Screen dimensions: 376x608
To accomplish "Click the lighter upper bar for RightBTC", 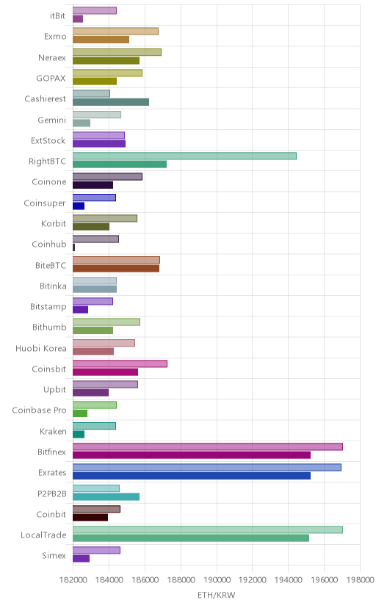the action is coord(184,156).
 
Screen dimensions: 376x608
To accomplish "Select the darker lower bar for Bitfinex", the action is coord(192,455).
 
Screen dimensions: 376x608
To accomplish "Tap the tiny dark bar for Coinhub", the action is coord(73,247).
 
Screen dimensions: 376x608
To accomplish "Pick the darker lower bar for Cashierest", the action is coord(111,102).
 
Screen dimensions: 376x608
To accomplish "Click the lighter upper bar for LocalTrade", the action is coord(208,529).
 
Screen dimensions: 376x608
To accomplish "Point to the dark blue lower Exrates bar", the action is coord(192,476).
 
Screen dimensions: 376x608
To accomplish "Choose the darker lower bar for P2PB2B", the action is coord(106,496).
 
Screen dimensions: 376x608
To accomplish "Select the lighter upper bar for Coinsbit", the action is coord(120,363).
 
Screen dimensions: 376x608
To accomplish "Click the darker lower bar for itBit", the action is coord(78,19).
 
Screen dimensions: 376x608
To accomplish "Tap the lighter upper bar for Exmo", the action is coord(115,32).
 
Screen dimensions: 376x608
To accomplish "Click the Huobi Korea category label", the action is coord(41,348).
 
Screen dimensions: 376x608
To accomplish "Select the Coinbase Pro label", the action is coord(39,410).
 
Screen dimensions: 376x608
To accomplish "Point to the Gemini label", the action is coord(52,120).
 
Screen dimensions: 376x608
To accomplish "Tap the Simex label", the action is coord(54,556).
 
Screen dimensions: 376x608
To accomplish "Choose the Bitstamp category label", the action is coord(48,307).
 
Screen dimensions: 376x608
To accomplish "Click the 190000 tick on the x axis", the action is coord(217,580).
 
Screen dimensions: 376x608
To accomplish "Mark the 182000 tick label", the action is coord(73,580).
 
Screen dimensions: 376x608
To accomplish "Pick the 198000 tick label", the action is coord(360,580).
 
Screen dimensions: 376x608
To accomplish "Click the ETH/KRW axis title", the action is coord(217,596).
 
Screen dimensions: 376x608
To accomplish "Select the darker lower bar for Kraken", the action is coord(79,434).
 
